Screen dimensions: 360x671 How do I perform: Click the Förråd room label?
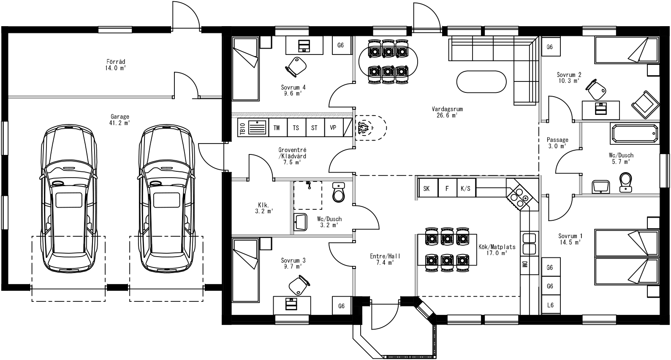coord(115,62)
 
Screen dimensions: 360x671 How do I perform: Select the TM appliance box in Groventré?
coord(277,128)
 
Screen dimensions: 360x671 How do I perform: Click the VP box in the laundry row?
coord(333,128)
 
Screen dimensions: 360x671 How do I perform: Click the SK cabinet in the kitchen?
coord(427,188)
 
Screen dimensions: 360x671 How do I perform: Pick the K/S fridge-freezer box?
coord(465,188)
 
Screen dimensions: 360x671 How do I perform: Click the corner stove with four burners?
coord(518,196)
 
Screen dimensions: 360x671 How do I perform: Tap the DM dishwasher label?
coord(524,265)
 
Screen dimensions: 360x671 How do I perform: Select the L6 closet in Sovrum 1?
coord(550,305)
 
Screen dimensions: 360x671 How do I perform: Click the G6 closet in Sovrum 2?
coord(549,47)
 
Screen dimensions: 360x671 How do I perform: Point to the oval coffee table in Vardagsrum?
coord(481,81)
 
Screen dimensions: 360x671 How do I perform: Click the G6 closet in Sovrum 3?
coord(341,306)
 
